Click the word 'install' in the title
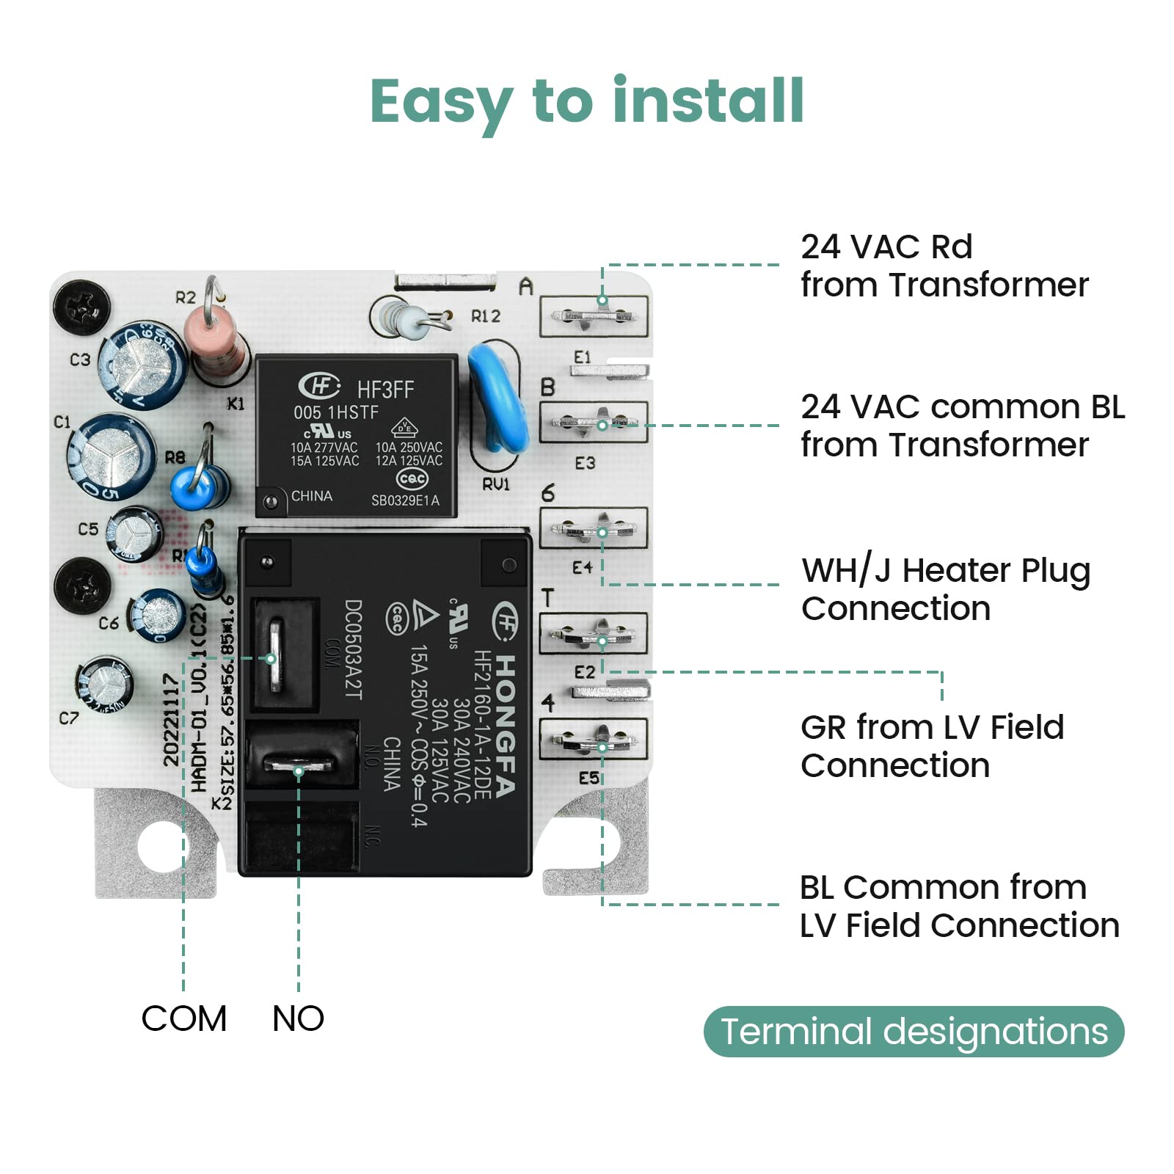tap(708, 101)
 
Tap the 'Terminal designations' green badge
tap(914, 1031)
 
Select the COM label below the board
tap(183, 1018)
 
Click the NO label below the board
tap(298, 1018)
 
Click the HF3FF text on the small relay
tap(385, 390)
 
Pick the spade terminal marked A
tap(594, 316)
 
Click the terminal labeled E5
tap(594, 741)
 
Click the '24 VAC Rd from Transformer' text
tap(944, 266)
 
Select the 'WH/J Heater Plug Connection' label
tap(945, 588)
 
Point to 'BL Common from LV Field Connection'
tap(958, 906)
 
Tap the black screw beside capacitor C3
tap(81, 306)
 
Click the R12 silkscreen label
tap(485, 316)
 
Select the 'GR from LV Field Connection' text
tap(932, 746)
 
